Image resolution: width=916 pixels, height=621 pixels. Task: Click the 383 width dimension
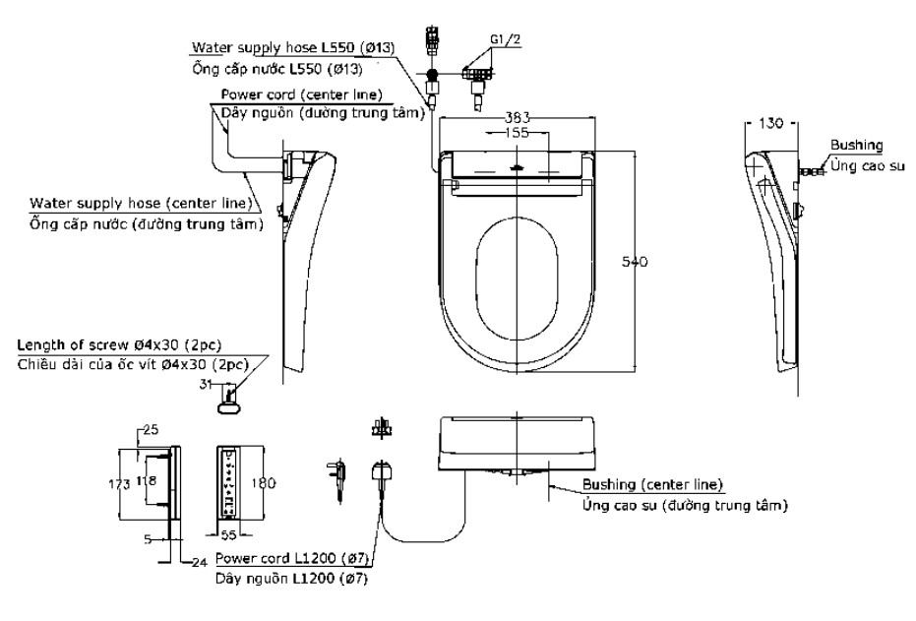(517, 117)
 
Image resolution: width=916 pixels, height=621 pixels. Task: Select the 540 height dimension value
(635, 262)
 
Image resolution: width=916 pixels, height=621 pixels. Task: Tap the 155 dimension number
(517, 133)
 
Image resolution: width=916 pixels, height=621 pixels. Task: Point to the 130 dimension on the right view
(770, 123)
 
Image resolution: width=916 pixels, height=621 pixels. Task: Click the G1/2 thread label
(506, 39)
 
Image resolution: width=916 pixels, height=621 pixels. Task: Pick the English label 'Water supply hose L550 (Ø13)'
(293, 47)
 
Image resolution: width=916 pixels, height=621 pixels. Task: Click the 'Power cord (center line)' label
(301, 94)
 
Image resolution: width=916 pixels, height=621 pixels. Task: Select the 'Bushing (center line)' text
(652, 484)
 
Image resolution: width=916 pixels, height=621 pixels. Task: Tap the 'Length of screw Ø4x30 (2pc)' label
(119, 344)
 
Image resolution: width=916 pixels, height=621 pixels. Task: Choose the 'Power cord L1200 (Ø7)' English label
(291, 558)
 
